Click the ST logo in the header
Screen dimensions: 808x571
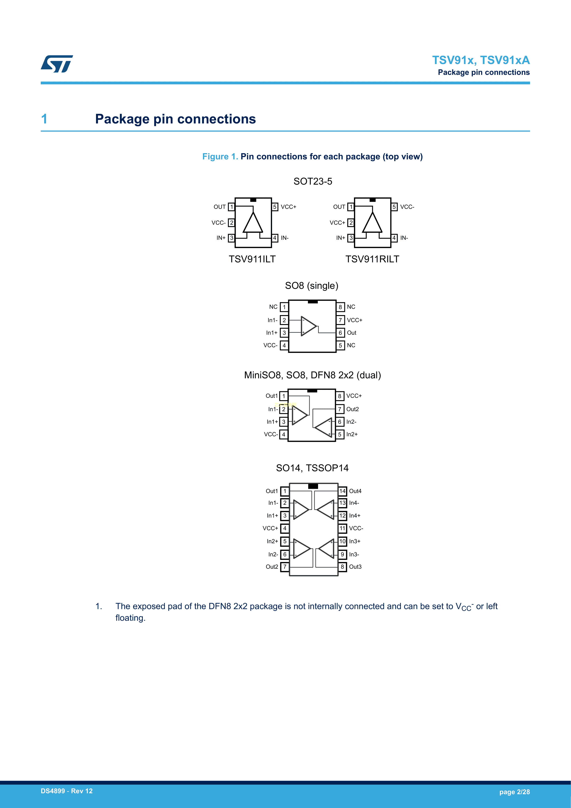pyautogui.click(x=57, y=64)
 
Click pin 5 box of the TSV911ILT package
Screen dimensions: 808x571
pyautogui.click(x=275, y=207)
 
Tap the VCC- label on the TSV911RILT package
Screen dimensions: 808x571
pyautogui.click(x=407, y=207)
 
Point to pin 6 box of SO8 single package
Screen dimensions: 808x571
pyautogui.click(x=340, y=333)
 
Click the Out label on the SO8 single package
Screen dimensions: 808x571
pyautogui.click(x=352, y=333)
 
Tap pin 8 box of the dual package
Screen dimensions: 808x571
pyautogui.click(x=340, y=396)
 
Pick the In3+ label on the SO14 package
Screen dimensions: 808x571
pyautogui.click(x=354, y=541)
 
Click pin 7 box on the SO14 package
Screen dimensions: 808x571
pyautogui.click(x=285, y=567)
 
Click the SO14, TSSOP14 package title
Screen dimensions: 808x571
pyautogui.click(x=312, y=468)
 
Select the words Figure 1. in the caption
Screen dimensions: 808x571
pyautogui.click(x=220, y=157)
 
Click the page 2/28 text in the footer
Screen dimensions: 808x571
pyautogui.click(x=514, y=792)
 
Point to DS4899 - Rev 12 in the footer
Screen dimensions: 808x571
pyautogui.click(x=67, y=791)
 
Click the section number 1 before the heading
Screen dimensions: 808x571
pyautogui.click(x=44, y=119)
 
